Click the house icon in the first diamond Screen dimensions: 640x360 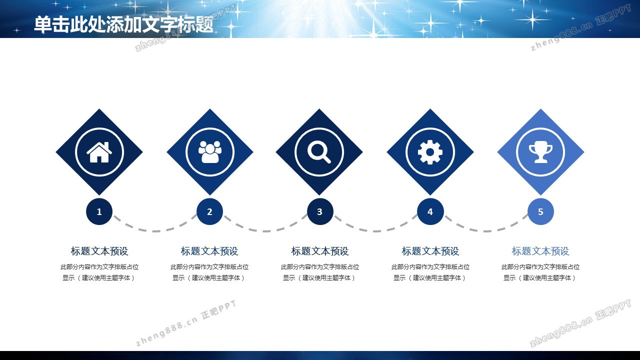(99, 152)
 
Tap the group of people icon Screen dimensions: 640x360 (209, 152)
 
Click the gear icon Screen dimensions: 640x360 (430, 152)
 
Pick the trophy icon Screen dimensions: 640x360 (540, 152)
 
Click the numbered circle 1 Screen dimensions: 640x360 (99, 211)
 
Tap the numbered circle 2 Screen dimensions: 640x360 (209, 211)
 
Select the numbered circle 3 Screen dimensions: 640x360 (320, 211)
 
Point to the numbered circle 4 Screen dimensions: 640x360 (430, 211)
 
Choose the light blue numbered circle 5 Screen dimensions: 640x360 (540, 211)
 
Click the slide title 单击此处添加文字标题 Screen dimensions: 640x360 (123, 24)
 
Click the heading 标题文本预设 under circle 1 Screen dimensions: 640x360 (99, 251)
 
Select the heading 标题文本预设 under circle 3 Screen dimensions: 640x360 (320, 251)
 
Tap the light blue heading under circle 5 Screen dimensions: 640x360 (540, 251)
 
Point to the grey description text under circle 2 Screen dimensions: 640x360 (209, 272)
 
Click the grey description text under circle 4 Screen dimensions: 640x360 (430, 272)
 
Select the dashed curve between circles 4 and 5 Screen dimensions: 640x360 (485, 231)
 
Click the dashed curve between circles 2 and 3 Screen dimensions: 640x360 (265, 231)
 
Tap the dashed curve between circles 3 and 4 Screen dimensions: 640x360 (375, 231)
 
